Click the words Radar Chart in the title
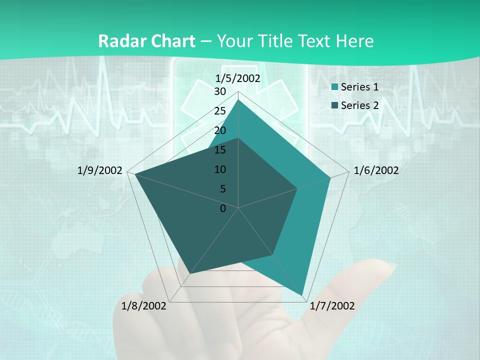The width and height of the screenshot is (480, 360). [x=146, y=41]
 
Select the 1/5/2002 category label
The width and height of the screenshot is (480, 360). [x=238, y=78]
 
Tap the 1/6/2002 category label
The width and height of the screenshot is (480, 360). [x=376, y=170]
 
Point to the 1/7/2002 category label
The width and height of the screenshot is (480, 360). [x=332, y=306]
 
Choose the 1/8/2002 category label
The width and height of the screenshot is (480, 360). [x=144, y=306]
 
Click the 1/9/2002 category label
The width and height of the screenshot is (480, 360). [x=99, y=170]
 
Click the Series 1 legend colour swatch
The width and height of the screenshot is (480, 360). [x=335, y=87]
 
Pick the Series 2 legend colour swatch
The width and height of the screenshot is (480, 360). [x=335, y=105]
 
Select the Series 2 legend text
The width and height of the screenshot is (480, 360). [x=359, y=105]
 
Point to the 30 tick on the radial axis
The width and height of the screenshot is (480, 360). [x=220, y=91]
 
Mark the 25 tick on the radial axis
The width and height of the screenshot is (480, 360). [x=220, y=111]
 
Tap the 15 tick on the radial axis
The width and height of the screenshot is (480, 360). [x=220, y=150]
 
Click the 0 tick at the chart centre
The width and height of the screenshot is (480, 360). [x=223, y=208]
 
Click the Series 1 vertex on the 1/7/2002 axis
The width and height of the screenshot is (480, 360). [x=302, y=295]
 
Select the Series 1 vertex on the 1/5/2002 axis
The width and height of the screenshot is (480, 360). [x=238, y=99]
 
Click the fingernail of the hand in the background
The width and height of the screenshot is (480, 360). [x=384, y=269]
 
